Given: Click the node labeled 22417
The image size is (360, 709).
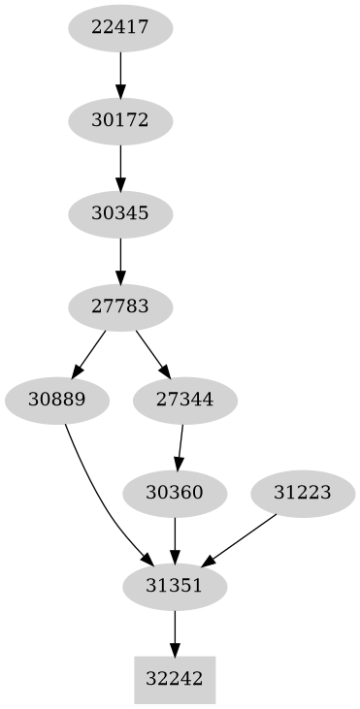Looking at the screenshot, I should [120, 27].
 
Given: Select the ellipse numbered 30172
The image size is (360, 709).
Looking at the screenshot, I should [120, 120].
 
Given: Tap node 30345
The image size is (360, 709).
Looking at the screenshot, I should [120, 212].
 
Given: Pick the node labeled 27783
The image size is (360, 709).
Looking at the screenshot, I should [120, 306].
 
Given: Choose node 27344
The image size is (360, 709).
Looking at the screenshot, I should [184, 400].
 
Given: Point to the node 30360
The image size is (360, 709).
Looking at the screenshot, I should [175, 493].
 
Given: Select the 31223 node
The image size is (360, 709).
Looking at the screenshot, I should [304, 493].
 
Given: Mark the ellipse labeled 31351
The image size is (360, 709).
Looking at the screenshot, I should [175, 586].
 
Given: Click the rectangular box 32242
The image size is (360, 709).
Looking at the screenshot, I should [175, 679].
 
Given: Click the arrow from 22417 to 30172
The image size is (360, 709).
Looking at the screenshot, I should [120, 74].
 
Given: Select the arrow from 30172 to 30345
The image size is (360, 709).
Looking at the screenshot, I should [120, 167].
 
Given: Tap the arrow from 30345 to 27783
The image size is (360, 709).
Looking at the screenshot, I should [120, 259].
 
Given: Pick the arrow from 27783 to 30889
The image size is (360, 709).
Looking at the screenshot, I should [89, 352].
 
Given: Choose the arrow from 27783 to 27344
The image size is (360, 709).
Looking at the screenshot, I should [151, 352].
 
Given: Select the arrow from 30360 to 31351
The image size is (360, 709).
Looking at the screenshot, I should [175, 539].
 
